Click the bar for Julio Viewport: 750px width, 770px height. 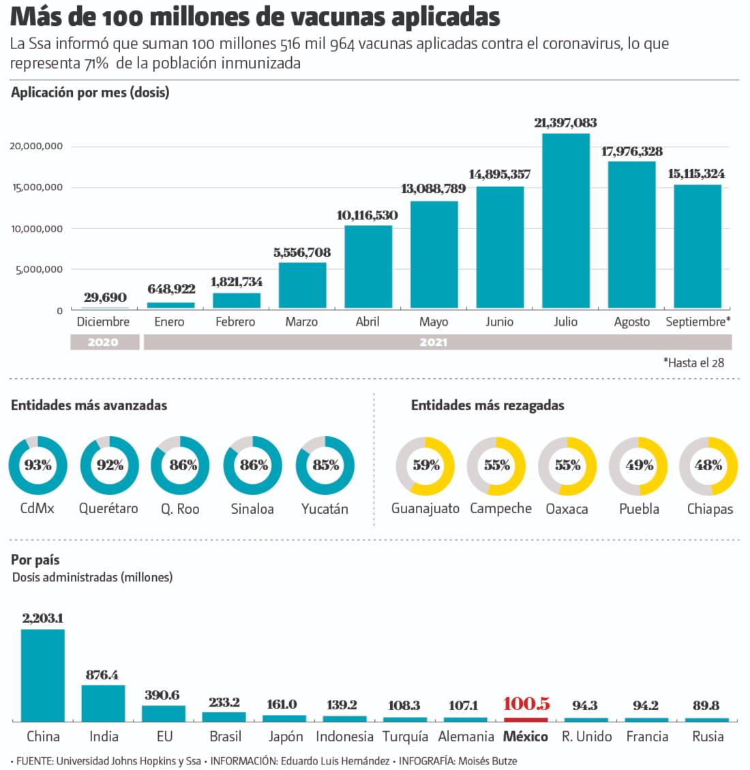[565, 221]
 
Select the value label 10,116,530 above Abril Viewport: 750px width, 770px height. [367, 215]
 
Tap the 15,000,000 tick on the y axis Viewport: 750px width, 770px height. [37, 187]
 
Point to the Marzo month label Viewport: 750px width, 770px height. [301, 322]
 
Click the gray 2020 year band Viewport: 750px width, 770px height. [104, 342]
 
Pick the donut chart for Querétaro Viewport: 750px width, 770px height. [109, 465]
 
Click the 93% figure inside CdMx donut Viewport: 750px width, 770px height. [38, 465]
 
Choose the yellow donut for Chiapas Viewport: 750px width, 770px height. [708, 465]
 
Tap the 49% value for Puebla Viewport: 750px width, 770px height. [637, 465]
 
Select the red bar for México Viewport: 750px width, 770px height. [526, 719]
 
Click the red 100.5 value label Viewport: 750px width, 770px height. [526, 704]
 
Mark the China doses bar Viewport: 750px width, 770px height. [43, 675]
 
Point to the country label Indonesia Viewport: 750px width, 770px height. [344, 737]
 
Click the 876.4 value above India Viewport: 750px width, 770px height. [102, 675]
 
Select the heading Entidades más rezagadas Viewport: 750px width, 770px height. [487, 405]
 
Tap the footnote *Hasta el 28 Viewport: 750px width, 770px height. [693, 363]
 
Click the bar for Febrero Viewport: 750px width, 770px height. [236, 301]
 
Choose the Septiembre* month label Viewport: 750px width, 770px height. [697, 322]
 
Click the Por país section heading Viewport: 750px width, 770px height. [35, 559]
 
